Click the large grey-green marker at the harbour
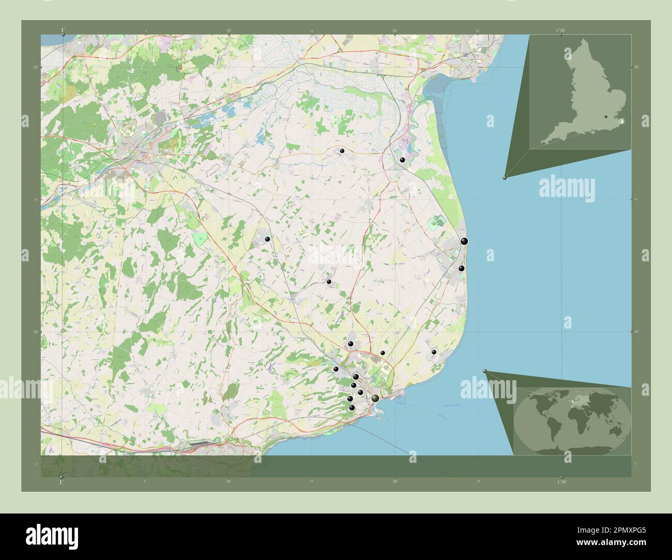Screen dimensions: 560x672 point(375,398)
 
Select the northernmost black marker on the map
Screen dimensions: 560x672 point(342,150)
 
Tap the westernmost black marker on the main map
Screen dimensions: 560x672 point(267,239)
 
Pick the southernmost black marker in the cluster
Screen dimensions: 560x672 point(352,408)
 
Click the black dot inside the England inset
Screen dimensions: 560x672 point(606,117)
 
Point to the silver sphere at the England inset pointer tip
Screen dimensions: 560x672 point(505,177)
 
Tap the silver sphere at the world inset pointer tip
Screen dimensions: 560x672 point(485,371)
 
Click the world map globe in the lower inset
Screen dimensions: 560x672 point(572,418)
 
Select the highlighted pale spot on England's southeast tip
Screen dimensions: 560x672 point(622,121)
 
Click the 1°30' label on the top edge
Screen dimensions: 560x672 point(561,30)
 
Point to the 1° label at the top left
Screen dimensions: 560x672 point(63,30)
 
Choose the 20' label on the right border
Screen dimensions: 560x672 point(636,67)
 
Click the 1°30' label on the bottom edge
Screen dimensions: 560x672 point(561,481)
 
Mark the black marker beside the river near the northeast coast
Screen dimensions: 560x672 point(402,160)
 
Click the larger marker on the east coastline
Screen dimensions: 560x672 point(464,241)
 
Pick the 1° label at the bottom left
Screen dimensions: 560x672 point(62,481)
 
